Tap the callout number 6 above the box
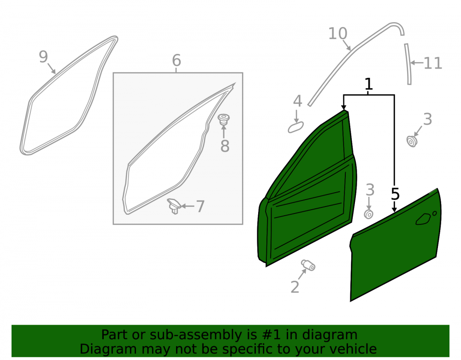pyautogui.click(x=177, y=60)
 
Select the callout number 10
pyautogui.click(x=337, y=33)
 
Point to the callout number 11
pyautogui.click(x=433, y=63)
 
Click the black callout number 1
pyautogui.click(x=369, y=84)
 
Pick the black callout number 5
pyautogui.click(x=395, y=194)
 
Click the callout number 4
pyautogui.click(x=297, y=101)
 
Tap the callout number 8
pyautogui.click(x=225, y=146)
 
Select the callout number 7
pyautogui.click(x=200, y=207)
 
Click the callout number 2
pyautogui.click(x=295, y=287)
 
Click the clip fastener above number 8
pyautogui.click(x=224, y=119)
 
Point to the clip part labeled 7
pyautogui.click(x=174, y=206)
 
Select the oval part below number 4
pyautogui.click(x=296, y=128)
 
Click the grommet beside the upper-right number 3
pyautogui.click(x=412, y=141)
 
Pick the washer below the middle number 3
pyautogui.click(x=369, y=214)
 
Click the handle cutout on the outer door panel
pyautogui.click(x=423, y=219)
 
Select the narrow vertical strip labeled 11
pyautogui.click(x=408, y=64)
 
